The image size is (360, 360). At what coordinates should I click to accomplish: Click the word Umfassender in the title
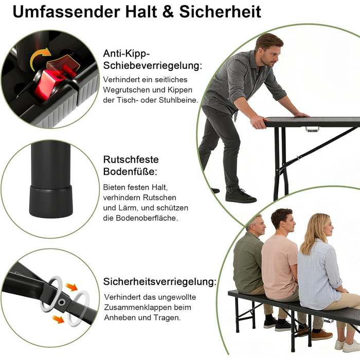66,12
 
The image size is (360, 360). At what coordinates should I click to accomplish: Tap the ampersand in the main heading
169,12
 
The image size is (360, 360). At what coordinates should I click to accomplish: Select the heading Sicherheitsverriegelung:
160,282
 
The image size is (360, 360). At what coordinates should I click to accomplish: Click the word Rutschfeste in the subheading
131,159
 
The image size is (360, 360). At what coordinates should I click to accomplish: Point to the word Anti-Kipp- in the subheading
127,53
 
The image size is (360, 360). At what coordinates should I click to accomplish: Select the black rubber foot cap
51,202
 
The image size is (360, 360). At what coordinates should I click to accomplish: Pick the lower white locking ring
79,309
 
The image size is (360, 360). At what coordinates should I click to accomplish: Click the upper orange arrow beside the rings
71,287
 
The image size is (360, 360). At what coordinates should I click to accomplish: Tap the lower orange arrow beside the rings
58,319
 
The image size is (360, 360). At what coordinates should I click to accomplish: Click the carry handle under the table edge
312,129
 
